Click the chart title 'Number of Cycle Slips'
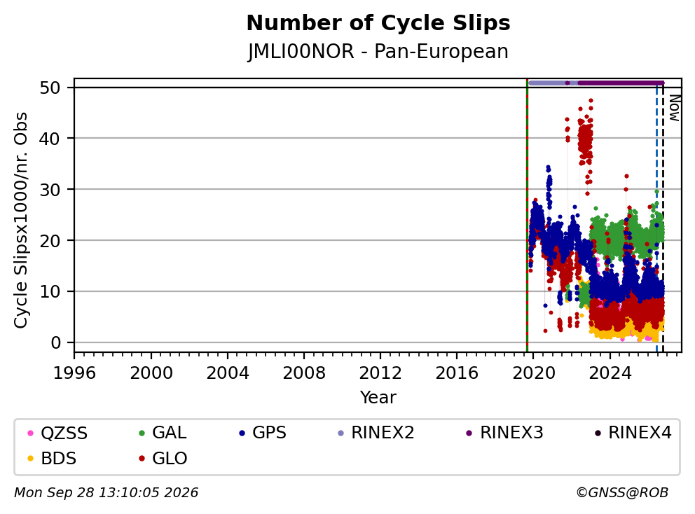pos(378,23)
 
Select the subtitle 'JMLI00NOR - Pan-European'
pos(378,51)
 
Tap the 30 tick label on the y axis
pos(50,190)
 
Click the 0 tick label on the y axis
pos(55,342)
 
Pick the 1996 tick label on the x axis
pos(74,373)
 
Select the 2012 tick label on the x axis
pos(380,373)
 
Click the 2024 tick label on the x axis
pos(610,373)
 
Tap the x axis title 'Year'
pos(378,398)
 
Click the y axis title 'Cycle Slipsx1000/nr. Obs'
pos(21,220)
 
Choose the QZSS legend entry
pos(57,433)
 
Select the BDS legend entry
pos(52,459)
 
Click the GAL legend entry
pos(163,433)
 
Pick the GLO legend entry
pos(163,459)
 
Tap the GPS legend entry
pos(263,433)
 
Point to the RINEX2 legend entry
pos(376,433)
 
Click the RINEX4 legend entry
pos(633,433)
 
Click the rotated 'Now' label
pos(674,108)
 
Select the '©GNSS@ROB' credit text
pos(622,493)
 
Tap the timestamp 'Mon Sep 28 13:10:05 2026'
pos(106,493)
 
